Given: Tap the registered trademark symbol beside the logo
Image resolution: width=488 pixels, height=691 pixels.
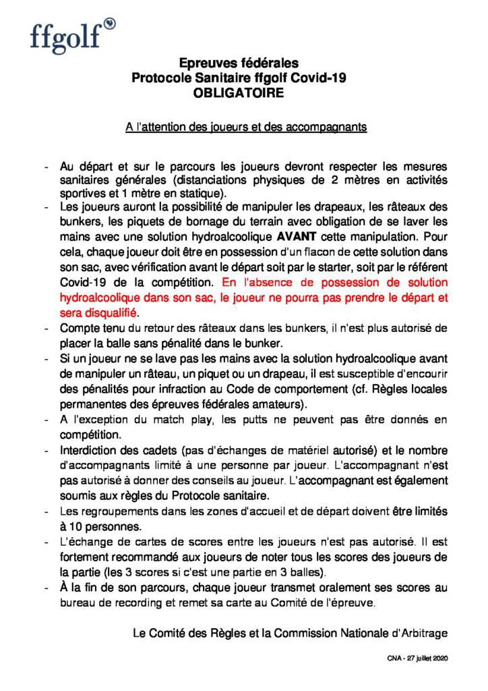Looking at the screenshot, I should coord(110,24).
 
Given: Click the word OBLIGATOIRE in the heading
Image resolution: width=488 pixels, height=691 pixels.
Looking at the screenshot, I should coord(239,93).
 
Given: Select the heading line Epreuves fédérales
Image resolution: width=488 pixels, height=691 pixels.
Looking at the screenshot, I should coord(239,63).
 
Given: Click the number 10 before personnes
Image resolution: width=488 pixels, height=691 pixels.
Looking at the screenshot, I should coord(78,524).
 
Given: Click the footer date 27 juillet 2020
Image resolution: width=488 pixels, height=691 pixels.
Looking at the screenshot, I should coord(425,657).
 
